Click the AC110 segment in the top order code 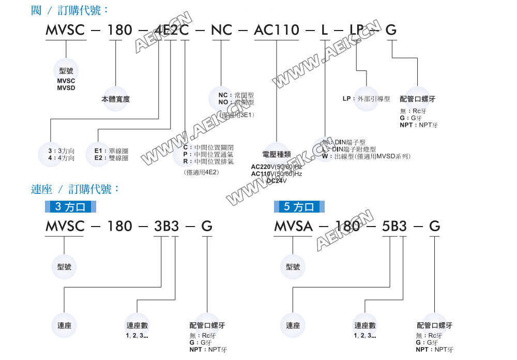[277, 30]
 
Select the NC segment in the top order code [221, 30]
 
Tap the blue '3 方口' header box [70, 207]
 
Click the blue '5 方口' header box [299, 207]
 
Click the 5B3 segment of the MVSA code [393, 226]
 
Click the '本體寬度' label [115, 99]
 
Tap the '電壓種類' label [277, 154]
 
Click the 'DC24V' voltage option [276, 181]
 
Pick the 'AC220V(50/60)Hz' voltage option [276, 167]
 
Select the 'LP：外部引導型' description [366, 99]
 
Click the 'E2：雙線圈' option [111, 158]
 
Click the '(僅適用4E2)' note [201, 172]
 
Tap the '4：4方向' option [61, 158]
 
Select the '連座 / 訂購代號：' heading [75, 189]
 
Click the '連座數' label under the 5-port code [365, 326]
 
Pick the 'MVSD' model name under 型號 [66, 88]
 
